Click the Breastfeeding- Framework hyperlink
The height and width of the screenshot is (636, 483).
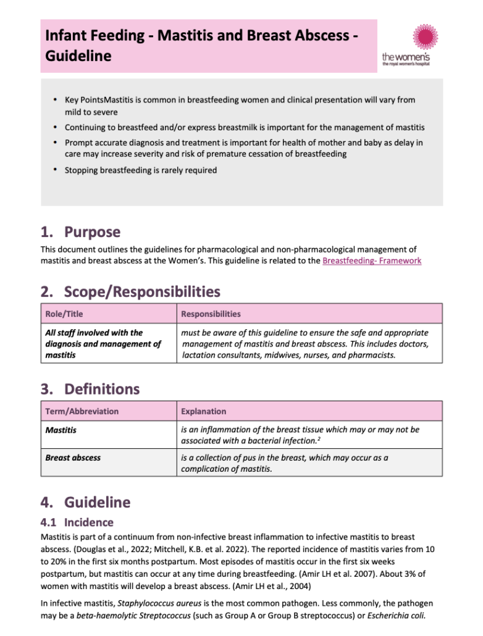(x=372, y=261)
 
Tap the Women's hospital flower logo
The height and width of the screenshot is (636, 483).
(x=425, y=38)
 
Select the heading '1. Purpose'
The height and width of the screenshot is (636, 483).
(x=80, y=232)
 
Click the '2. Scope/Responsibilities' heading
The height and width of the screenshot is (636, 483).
(x=130, y=291)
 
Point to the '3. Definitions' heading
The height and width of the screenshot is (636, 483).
(x=90, y=389)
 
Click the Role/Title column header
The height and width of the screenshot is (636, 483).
(x=64, y=314)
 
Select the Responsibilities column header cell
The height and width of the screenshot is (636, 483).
(x=211, y=314)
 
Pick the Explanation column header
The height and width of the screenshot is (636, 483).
(x=203, y=411)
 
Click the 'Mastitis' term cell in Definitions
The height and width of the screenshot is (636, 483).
(x=61, y=430)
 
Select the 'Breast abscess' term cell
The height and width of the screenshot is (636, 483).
(x=73, y=458)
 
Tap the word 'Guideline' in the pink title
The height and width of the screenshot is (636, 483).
(x=78, y=56)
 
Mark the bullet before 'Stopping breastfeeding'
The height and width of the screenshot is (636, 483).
(x=55, y=170)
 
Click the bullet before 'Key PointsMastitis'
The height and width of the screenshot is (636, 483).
(x=55, y=99)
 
